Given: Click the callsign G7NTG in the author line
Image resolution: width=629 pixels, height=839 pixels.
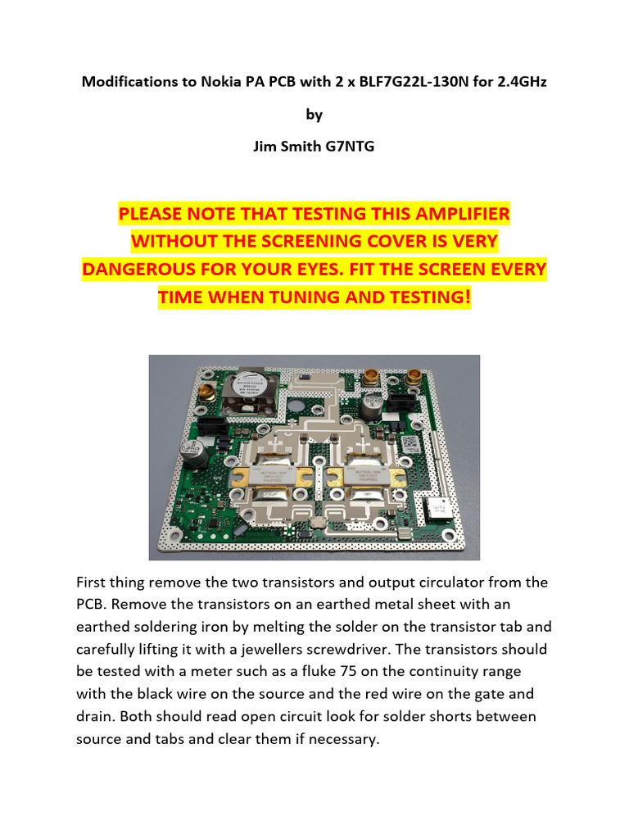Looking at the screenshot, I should click(x=351, y=148).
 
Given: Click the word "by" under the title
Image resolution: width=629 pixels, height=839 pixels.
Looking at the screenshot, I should click(x=314, y=116).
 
